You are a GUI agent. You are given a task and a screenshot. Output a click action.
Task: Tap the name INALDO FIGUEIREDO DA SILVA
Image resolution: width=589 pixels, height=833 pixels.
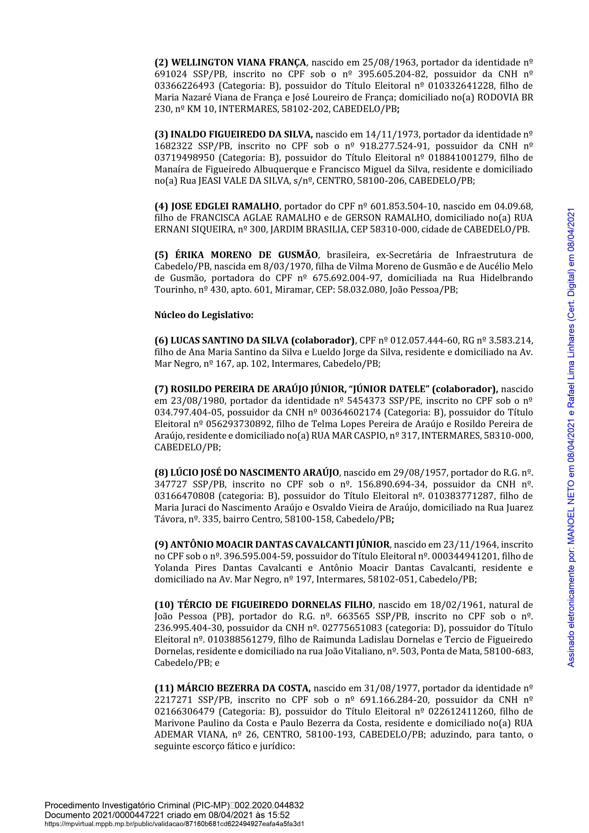coord(241,135)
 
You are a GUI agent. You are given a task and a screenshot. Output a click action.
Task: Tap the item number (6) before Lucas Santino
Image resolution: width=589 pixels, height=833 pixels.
coord(161,341)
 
